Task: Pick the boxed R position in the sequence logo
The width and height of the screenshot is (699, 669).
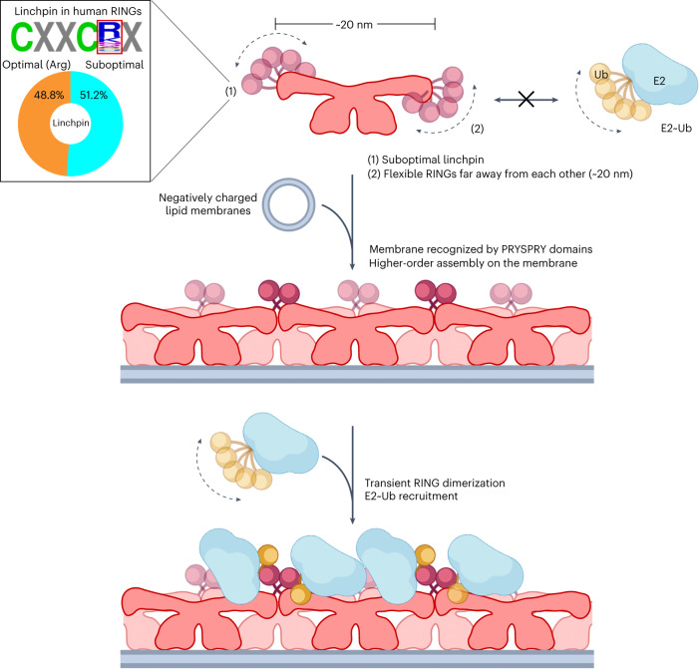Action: pos(108,38)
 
